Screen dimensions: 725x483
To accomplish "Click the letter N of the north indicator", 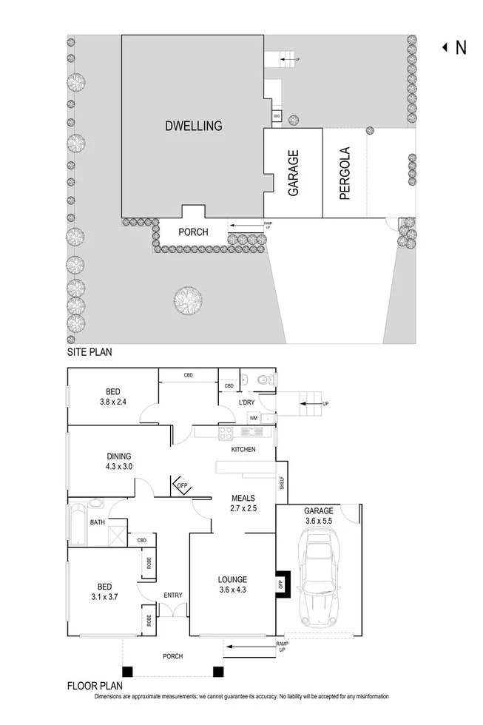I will (x=461, y=47).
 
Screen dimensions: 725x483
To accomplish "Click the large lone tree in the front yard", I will (x=188, y=300).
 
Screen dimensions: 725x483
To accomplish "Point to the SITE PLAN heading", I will (x=89, y=353).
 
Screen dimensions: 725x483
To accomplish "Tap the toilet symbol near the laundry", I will (x=263, y=380).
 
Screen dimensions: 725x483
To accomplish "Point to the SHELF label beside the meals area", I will (x=282, y=483).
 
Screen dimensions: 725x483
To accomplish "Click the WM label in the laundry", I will (x=253, y=418).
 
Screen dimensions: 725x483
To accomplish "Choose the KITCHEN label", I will (x=243, y=450).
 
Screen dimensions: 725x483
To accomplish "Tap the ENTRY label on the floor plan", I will (x=173, y=595).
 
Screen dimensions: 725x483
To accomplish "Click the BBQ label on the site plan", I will (x=276, y=116).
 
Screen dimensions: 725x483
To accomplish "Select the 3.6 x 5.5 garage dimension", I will (x=319, y=521).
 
